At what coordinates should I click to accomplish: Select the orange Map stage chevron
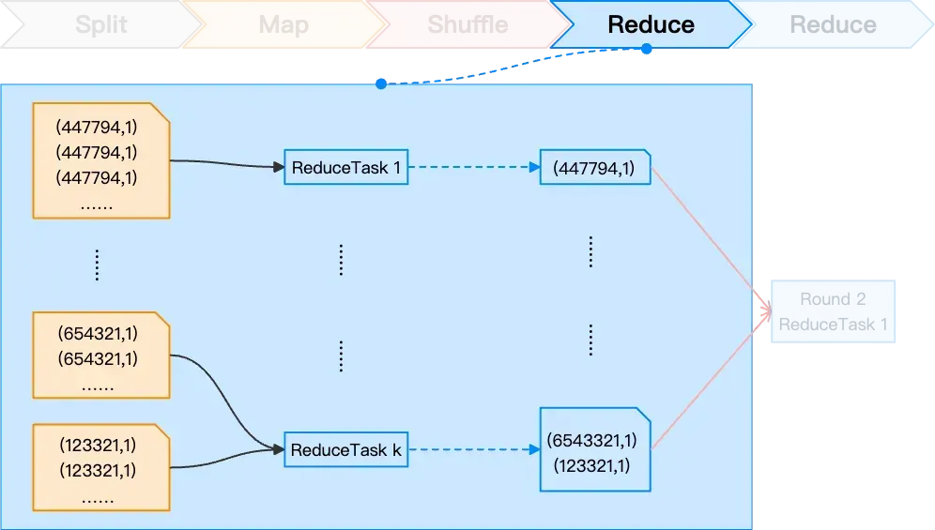pyautogui.click(x=283, y=24)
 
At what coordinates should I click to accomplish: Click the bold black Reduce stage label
pyautogui.click(x=651, y=24)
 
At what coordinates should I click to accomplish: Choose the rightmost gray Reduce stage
pyautogui.click(x=833, y=24)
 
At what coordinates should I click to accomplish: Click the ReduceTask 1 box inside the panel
pyautogui.click(x=346, y=168)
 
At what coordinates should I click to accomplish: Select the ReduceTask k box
pyautogui.click(x=346, y=450)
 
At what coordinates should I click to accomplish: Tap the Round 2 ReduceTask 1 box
pyautogui.click(x=833, y=311)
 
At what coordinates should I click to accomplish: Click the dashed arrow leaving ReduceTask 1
pyautogui.click(x=474, y=168)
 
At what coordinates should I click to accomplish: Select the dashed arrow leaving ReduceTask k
pyautogui.click(x=474, y=450)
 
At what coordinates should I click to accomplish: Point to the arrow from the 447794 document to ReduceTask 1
pyautogui.click(x=225, y=164)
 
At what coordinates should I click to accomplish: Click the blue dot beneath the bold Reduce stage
pyautogui.click(x=647, y=49)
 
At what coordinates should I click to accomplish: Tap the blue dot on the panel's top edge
pyautogui.click(x=381, y=83)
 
